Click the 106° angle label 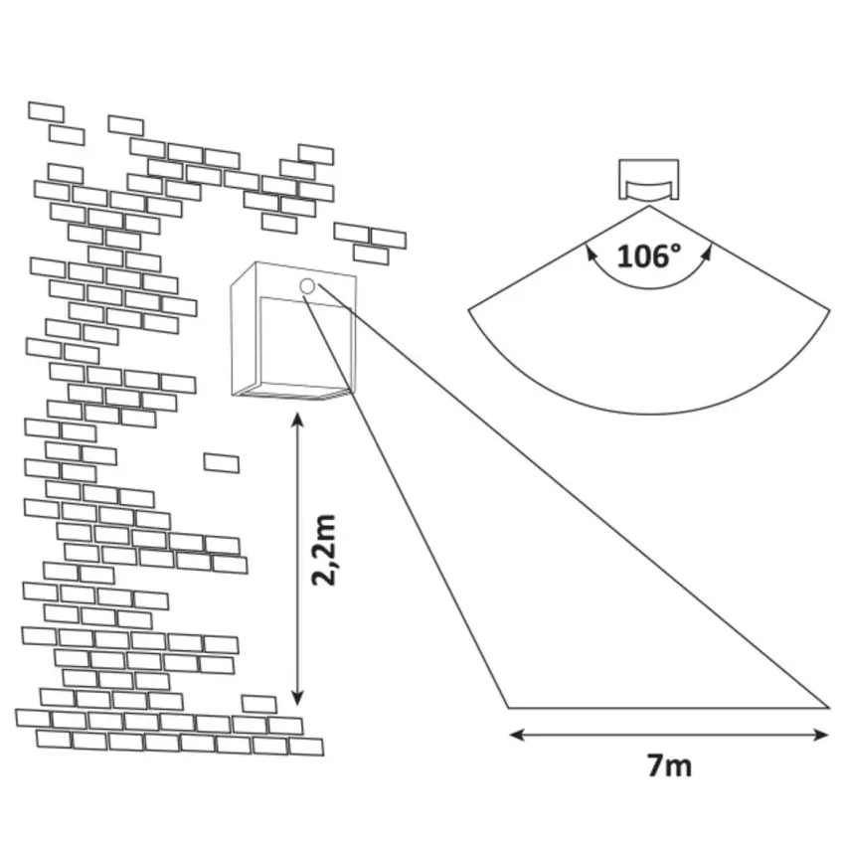pyautogui.click(x=649, y=256)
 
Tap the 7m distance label pyautogui.click(x=668, y=765)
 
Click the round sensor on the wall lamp pyautogui.click(x=307, y=286)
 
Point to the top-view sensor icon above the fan pyautogui.click(x=648, y=182)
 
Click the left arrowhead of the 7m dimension pyautogui.click(x=515, y=736)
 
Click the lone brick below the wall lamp pyautogui.click(x=221, y=463)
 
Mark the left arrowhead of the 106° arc pyautogui.click(x=591, y=253)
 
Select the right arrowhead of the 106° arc pyautogui.click(x=708, y=253)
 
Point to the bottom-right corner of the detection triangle pyautogui.click(x=828, y=708)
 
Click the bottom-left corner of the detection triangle pyautogui.click(x=508, y=708)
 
